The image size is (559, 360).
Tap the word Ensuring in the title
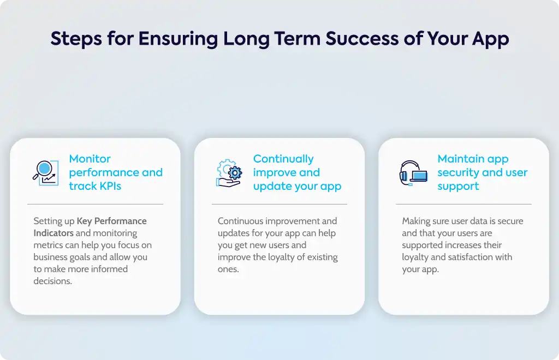point(178,39)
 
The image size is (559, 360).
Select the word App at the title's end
point(491,39)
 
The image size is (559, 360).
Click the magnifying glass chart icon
point(46,173)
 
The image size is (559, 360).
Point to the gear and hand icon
point(229,173)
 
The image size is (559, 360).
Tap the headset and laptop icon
point(414,173)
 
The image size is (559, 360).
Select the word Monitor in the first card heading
point(90,159)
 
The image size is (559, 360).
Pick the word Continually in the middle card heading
point(283,159)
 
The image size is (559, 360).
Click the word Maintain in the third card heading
point(460,159)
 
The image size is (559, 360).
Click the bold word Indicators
point(53,233)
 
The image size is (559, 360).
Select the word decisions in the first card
point(52,281)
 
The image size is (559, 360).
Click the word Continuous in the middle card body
point(241,221)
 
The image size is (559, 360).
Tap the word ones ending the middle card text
point(228,269)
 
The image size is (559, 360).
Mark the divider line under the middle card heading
point(279,205)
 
